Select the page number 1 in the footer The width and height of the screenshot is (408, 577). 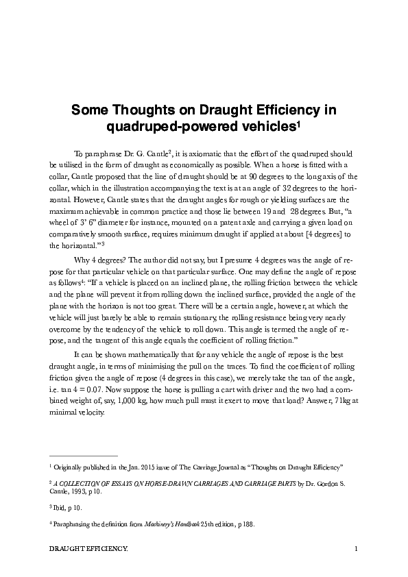coord(357,549)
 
